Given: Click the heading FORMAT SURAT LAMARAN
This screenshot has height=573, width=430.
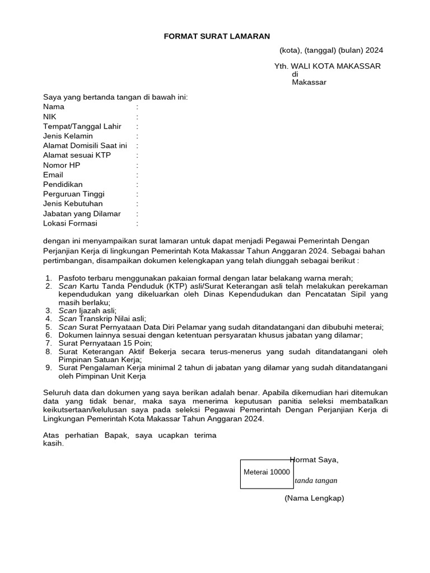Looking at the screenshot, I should pos(217,36).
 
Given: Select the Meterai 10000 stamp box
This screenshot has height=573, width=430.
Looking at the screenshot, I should pos(267,473).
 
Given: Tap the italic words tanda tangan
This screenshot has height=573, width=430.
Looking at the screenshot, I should pos(316,481).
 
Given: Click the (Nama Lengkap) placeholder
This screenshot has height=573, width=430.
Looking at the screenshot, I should pos(314,498).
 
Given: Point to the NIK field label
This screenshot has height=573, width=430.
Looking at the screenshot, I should pos(50,116).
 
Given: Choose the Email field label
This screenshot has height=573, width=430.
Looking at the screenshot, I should pos(53,175).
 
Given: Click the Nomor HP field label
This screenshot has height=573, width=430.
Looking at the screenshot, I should pos(62,165).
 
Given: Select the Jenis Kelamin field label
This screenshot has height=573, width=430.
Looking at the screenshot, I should pos(68,136).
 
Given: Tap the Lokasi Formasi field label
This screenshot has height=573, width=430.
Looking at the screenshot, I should pos(70,223).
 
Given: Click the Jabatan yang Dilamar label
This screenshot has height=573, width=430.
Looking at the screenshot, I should pos(82,214).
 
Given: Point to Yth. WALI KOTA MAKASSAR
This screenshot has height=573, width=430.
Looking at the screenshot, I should pos(327,66).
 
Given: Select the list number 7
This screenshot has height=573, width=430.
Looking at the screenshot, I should pos(48,343).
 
